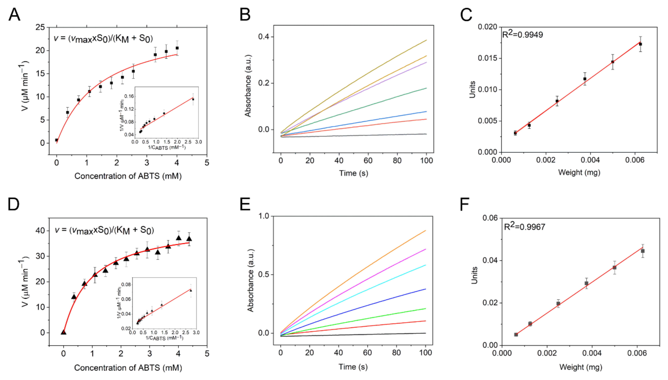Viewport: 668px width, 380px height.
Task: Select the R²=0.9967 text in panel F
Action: click(524, 226)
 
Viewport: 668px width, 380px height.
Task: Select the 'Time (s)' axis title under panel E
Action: click(353, 367)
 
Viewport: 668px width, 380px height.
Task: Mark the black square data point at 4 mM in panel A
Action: click(177, 48)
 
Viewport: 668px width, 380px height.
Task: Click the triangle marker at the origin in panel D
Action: click(63, 332)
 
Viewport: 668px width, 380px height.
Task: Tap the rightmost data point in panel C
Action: click(640, 44)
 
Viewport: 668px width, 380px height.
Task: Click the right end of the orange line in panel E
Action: click(425, 231)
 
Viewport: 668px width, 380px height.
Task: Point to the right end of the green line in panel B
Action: click(426, 88)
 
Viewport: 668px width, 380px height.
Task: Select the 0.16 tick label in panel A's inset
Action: click(129, 96)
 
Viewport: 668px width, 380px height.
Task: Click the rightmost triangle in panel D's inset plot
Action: click(191, 290)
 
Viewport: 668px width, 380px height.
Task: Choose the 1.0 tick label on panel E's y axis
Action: click(264, 216)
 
